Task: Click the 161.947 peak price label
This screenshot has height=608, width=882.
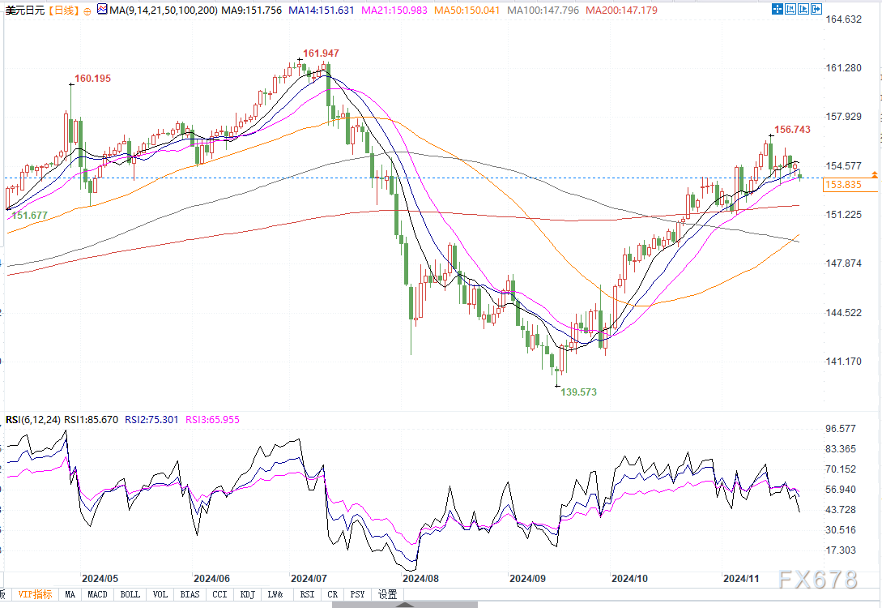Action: pos(321,54)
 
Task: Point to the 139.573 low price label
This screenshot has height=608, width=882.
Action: pos(578,392)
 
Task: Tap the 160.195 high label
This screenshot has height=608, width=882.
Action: pos(92,79)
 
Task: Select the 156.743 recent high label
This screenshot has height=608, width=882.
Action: pos(792,130)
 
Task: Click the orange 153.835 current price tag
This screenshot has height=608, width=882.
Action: pos(842,186)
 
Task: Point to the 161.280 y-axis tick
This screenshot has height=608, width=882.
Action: pos(842,68)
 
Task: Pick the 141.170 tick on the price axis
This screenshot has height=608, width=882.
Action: pos(842,362)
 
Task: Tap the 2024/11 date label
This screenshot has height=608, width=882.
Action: pos(740,579)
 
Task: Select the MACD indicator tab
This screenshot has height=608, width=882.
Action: pos(97,594)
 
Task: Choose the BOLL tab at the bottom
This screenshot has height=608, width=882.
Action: pos(130,594)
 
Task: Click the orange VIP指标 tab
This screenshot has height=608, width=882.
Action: pos(35,594)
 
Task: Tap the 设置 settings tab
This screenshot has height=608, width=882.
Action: pos(387,594)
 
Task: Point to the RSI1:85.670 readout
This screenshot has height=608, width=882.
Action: pos(91,419)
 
